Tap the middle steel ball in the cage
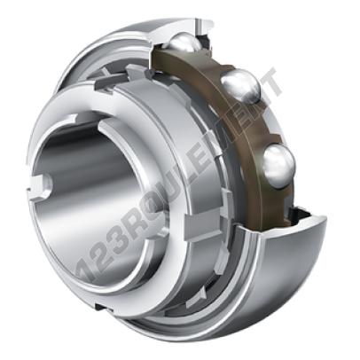pyautogui.click(x=241, y=86)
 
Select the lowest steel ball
pyautogui.click(x=278, y=166)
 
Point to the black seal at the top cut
pyautogui.click(x=205, y=41)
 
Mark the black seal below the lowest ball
pyautogui.click(x=300, y=214)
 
